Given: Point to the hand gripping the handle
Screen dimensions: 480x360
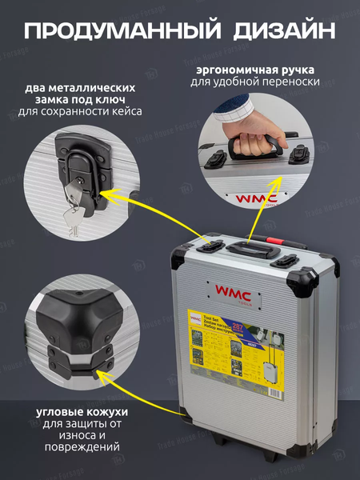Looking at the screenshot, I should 226,132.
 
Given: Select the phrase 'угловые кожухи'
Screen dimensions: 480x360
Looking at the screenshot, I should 81,411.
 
